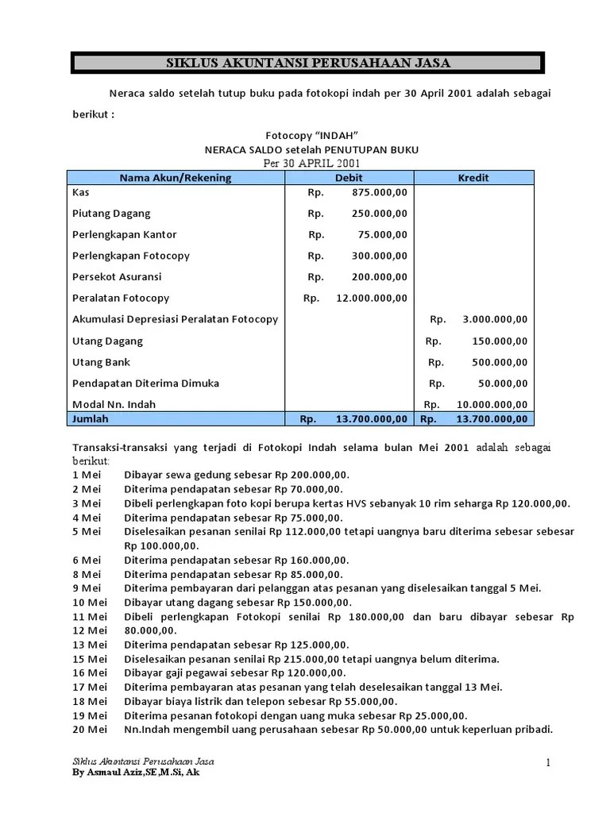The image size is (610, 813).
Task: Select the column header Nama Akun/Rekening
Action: [x=176, y=178]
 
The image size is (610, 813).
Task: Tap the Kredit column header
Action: [x=473, y=178]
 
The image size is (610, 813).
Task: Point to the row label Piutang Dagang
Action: [x=111, y=214]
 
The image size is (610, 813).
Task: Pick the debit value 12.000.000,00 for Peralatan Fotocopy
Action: [x=372, y=299]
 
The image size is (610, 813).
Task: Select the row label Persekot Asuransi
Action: [x=117, y=277]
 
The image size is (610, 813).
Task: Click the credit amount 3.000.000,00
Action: [x=494, y=319]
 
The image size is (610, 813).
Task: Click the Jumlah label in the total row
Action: [x=91, y=418]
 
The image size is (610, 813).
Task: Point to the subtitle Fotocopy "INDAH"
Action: [x=306, y=135]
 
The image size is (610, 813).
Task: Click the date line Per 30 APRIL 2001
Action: [x=306, y=163]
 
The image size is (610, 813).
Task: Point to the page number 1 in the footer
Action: [x=547, y=763]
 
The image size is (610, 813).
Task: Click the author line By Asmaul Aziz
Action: [x=136, y=772]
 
